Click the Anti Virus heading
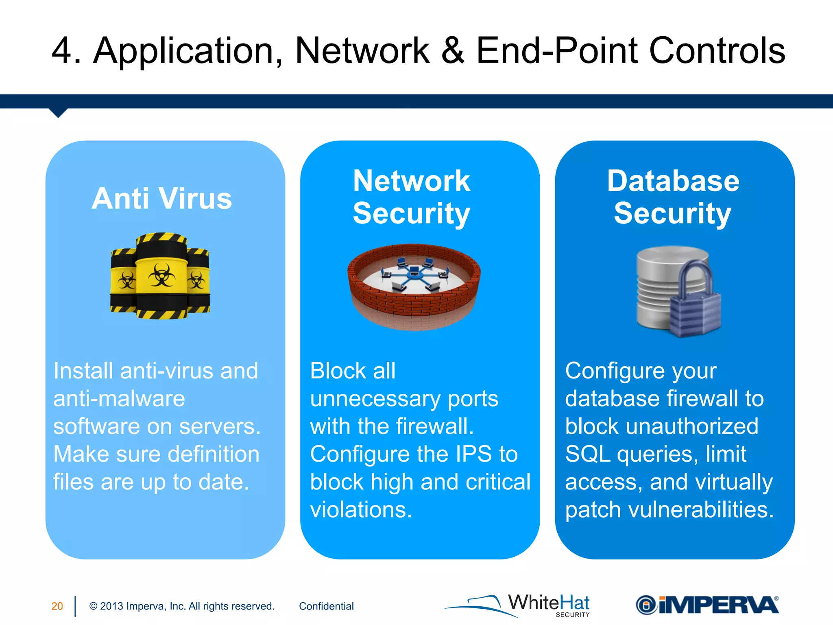pos(162,199)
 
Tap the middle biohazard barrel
pos(161,277)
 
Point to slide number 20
pos(57,606)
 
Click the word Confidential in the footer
pos(326,606)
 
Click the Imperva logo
pos(707,605)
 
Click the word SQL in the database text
pos(587,454)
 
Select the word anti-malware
pos(119,398)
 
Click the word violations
pos(361,510)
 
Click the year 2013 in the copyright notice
pos(111,606)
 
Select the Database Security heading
pos(673,197)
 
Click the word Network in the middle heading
pos(412,181)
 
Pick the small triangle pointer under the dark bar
pos(58,113)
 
